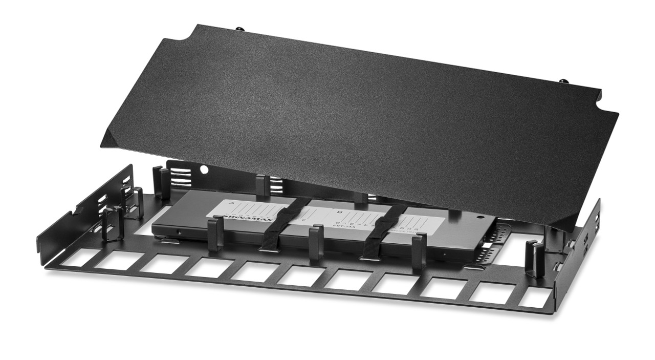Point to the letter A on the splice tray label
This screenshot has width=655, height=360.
(x=231, y=203)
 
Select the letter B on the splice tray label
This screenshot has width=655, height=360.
(x=340, y=211)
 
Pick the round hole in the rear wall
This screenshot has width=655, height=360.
(x=204, y=168)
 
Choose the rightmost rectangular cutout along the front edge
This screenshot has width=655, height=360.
(x=535, y=298)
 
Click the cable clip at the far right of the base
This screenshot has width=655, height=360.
(x=535, y=259)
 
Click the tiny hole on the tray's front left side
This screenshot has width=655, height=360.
(x=178, y=231)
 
